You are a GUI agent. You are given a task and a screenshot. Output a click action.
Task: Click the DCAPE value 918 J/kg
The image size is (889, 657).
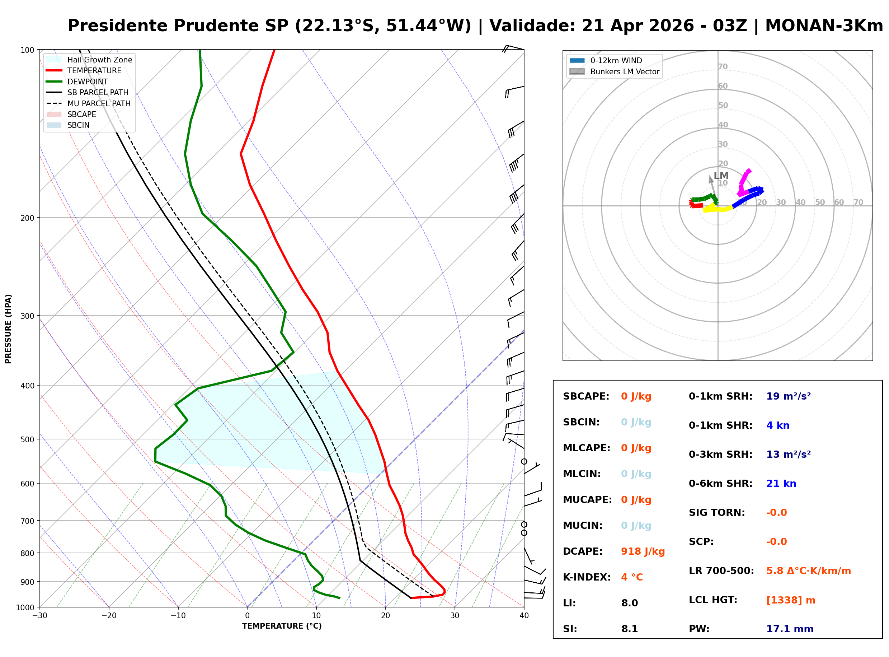click(643, 551)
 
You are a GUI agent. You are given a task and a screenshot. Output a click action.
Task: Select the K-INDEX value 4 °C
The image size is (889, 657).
click(632, 577)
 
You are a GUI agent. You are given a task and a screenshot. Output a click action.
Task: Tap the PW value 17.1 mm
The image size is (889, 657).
click(790, 629)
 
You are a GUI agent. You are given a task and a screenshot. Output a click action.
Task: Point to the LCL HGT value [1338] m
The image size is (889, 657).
click(791, 600)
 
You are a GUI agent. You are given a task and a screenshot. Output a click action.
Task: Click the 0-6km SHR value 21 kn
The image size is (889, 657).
click(781, 484)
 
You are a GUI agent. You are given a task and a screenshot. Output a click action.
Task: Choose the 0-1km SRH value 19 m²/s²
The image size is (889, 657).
click(789, 396)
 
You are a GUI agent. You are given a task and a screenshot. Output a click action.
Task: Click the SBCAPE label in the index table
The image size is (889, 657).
click(586, 396)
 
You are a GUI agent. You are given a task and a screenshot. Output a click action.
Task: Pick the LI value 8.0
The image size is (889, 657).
click(630, 603)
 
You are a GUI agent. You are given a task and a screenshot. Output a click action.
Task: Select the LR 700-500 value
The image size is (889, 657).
click(808, 571)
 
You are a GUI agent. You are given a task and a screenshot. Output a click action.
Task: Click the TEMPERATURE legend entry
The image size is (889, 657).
click(94, 70)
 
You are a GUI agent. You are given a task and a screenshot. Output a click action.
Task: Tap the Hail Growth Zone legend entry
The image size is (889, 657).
click(99, 60)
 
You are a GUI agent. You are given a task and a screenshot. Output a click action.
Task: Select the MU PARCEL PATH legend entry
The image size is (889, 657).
click(99, 103)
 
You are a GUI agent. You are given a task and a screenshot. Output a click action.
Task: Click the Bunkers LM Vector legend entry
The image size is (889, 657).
click(625, 71)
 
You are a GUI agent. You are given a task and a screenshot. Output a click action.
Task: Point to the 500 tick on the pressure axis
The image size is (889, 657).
click(27, 439)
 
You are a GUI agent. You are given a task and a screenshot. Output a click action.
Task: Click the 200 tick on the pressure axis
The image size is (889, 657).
click(27, 218)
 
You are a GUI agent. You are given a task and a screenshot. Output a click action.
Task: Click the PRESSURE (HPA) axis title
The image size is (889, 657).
click(8, 328)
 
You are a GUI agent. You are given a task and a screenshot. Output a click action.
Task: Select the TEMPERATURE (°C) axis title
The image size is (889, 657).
click(282, 626)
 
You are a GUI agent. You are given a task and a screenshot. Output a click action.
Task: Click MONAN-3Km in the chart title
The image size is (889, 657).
click(824, 26)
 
